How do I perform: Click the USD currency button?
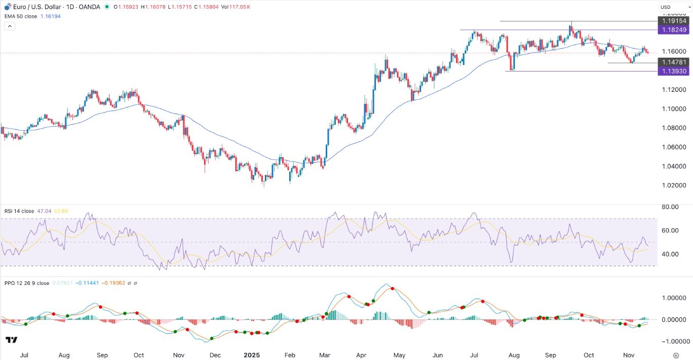click(x=665, y=7)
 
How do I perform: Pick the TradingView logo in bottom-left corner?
click(x=12, y=340)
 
